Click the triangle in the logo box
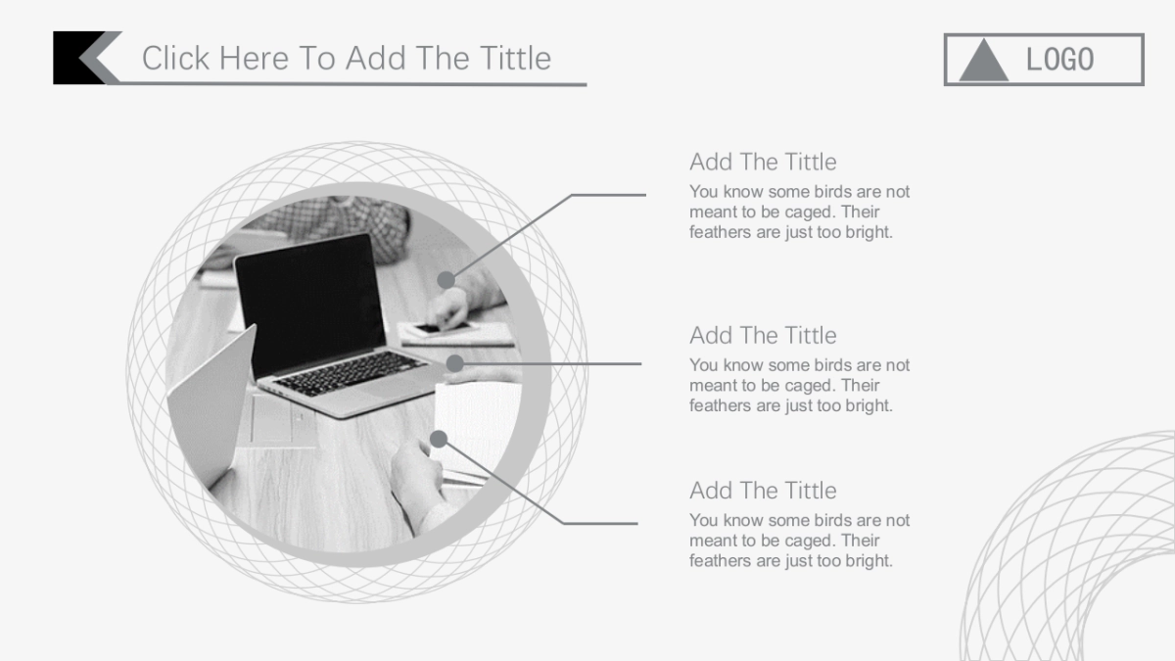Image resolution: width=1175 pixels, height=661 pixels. [984, 63]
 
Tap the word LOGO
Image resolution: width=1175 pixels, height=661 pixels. [1059, 60]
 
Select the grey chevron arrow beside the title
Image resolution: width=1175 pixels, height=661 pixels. [101, 58]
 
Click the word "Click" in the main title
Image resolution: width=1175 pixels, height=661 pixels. [175, 58]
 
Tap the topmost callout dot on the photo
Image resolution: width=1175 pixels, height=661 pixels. [446, 280]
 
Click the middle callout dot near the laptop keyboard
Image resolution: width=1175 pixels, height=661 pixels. [454, 363]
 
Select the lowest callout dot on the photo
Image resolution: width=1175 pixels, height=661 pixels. [439, 439]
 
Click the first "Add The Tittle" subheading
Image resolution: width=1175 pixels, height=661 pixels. [763, 163]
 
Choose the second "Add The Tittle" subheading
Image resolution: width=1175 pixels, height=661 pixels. [763, 336]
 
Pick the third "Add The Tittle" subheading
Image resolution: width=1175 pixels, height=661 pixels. [763, 491]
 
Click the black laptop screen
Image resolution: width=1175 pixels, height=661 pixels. [310, 302]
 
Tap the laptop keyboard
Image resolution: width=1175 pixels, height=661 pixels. [349, 373]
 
